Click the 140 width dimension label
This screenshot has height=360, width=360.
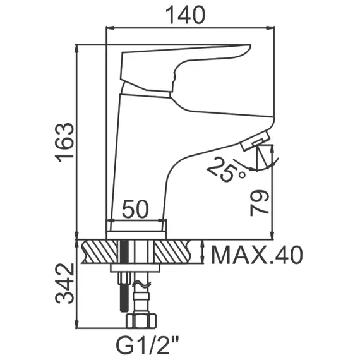point(185,15)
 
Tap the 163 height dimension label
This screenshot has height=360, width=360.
point(65,143)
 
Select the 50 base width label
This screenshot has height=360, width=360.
point(135,209)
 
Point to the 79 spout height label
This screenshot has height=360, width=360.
point(259,203)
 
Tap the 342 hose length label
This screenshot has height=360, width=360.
point(65,284)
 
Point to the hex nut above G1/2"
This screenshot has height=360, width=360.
point(141,321)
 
